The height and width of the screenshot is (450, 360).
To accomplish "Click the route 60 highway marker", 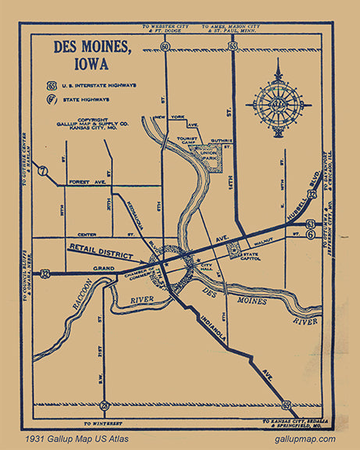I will point(165,47).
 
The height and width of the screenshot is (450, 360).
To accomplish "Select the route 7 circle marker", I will point(44,170).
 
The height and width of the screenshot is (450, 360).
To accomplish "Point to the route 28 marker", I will point(105,405).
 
